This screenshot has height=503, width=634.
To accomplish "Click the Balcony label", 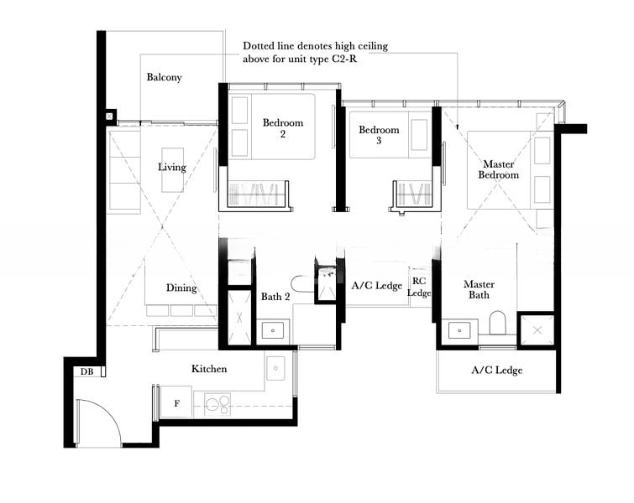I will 164,77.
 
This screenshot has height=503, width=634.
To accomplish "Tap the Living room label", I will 171,167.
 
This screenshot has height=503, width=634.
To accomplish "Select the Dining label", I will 181,288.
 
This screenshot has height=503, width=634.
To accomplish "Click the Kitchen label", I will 209,369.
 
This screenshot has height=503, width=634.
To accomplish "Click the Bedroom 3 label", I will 379,135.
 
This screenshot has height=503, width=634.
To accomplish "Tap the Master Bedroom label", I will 499,169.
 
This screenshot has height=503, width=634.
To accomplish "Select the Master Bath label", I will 479,289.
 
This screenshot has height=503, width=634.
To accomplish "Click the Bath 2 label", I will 275,297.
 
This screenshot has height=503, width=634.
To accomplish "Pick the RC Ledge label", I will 419,287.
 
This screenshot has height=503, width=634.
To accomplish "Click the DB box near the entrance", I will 86,371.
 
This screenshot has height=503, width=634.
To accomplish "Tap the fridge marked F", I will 176,402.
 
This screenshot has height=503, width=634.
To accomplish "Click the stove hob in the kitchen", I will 214,405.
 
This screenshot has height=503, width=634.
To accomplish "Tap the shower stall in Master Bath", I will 536,329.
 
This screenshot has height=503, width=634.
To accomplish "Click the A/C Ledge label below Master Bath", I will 496,370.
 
